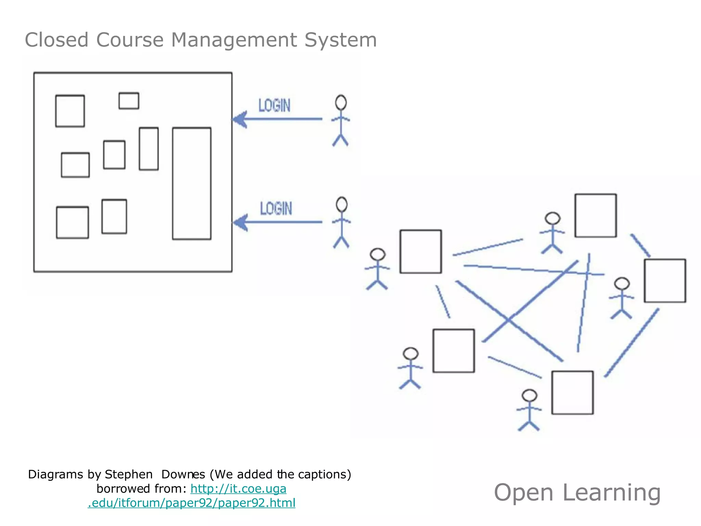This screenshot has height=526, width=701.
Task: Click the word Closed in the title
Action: [x=57, y=40]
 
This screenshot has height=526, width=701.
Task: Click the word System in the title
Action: [x=341, y=40]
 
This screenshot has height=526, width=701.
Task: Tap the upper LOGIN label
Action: [x=274, y=105]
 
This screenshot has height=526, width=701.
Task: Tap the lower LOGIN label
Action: [x=276, y=208]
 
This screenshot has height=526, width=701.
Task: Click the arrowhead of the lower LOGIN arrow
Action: [x=240, y=222]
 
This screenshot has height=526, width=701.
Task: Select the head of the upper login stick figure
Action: [x=341, y=102]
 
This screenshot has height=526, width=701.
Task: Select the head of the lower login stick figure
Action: [x=342, y=204]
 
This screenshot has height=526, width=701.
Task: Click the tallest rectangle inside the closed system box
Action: [x=192, y=184]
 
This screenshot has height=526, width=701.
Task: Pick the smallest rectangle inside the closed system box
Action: [x=129, y=101]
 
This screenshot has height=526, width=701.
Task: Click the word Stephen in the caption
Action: [x=129, y=474]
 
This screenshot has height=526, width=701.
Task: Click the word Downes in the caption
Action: [x=183, y=474]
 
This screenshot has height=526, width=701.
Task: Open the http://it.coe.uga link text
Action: [x=238, y=489]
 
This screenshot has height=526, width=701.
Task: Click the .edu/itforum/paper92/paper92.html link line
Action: [x=192, y=503]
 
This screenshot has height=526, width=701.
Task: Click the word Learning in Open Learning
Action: [x=611, y=493]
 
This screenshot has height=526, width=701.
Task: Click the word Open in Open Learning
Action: [x=523, y=493]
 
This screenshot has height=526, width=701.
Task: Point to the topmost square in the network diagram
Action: [x=596, y=215]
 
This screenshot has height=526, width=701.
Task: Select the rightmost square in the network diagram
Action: [x=665, y=280]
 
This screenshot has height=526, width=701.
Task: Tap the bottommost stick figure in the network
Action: [x=529, y=410]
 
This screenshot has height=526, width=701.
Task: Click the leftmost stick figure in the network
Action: [x=377, y=269]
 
